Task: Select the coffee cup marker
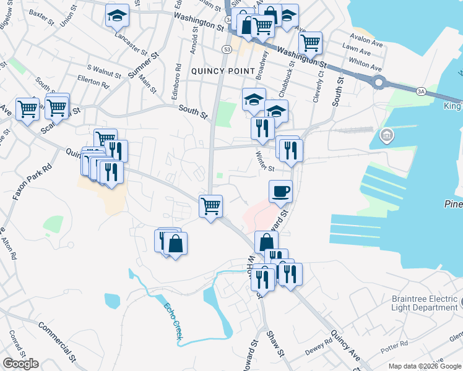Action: (281, 190)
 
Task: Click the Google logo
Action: (20, 364)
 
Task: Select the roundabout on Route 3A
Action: (379, 82)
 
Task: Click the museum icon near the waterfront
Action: (387, 134)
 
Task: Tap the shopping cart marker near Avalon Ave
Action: (310, 42)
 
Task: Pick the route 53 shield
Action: (227, 48)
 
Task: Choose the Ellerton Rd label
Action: (93, 79)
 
